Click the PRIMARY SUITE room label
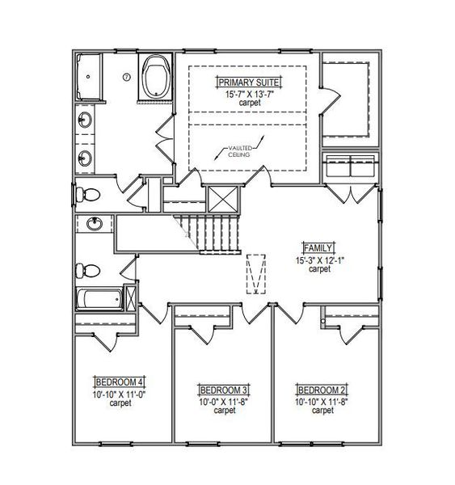coord(249,82)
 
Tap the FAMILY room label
coord(318,248)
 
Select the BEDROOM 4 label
coord(119,382)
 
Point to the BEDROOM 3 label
coord(224,390)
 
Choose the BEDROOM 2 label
coord(322,390)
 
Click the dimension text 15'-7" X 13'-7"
coord(250,94)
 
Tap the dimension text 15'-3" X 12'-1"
coord(320,260)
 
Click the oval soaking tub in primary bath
coord(156,76)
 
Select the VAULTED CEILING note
coord(239,151)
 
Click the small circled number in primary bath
coord(127,77)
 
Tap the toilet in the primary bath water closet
coord(88,195)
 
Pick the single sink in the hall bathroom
coord(95,224)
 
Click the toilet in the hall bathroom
coord(88,271)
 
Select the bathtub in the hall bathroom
coord(99,299)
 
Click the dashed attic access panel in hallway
coord(256,274)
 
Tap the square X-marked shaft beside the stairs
coord(223,199)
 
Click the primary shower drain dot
coord(88,77)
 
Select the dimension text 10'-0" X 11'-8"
coord(224,402)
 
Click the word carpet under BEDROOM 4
coord(120,403)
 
